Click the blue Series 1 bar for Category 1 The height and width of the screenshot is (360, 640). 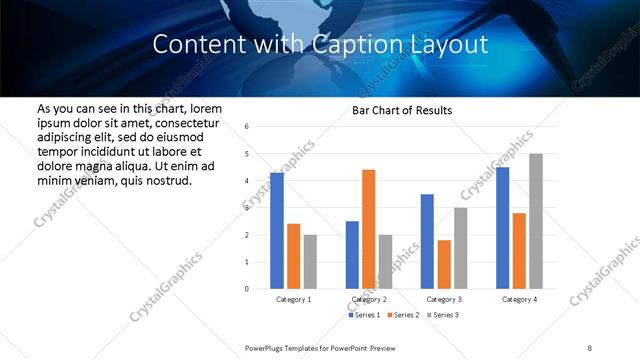[277, 231]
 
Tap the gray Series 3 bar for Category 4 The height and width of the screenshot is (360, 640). [536, 221]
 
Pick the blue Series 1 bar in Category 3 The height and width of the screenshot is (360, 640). [427, 241]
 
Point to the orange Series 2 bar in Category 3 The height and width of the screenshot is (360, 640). [444, 264]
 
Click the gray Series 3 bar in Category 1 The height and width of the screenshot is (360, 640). [310, 262]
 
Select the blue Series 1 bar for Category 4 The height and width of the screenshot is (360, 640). [502, 228]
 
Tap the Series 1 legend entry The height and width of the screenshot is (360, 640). [364, 315]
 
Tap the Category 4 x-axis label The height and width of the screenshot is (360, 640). [519, 299]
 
